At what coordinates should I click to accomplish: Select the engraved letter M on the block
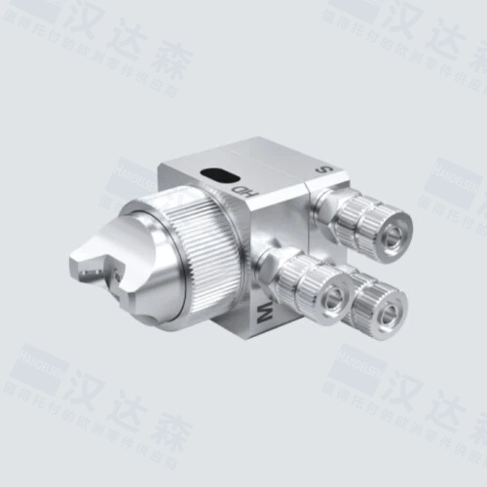264,314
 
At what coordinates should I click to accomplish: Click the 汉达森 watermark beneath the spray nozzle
107,405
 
